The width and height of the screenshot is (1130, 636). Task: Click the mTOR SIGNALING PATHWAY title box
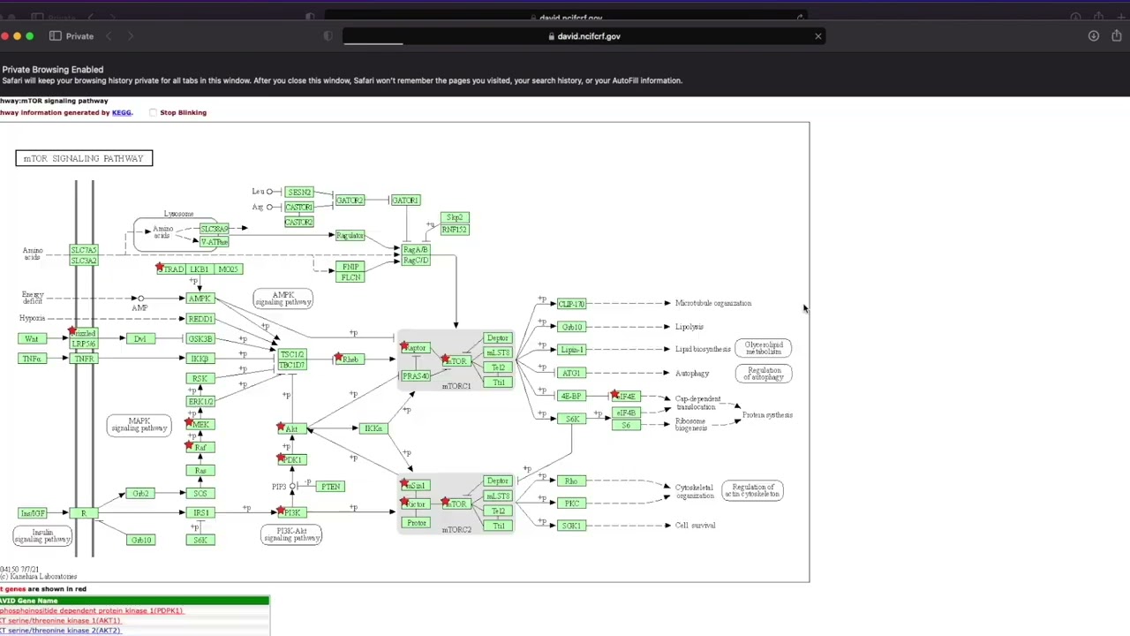pos(84,158)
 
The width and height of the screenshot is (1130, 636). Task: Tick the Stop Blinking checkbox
pos(153,112)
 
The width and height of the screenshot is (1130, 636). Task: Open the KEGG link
pos(121,112)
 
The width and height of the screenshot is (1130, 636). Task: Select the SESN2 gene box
pos(299,192)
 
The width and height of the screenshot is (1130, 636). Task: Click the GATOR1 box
pos(405,201)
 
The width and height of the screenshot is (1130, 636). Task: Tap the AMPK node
pos(200,299)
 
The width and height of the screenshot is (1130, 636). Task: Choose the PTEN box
pos(330,487)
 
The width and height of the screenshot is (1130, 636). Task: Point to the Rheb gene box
pos(350,360)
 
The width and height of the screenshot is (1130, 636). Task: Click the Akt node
pos(292,429)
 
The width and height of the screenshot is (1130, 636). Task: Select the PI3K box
pos(291,512)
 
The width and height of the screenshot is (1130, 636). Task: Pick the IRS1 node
pos(200,512)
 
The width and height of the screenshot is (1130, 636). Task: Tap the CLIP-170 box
pos(571,304)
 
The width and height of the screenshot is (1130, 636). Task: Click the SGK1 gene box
pos(571,526)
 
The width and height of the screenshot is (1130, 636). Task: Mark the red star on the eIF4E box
pos(614,394)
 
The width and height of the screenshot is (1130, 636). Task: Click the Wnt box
pos(32,339)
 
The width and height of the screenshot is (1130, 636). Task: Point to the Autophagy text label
pos(691,374)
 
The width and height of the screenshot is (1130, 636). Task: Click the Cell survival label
pos(695,526)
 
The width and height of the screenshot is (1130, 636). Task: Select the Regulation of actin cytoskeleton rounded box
pos(752,490)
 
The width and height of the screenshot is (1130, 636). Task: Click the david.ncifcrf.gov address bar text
pos(589,36)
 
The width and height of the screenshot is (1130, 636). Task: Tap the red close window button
pos(4,36)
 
